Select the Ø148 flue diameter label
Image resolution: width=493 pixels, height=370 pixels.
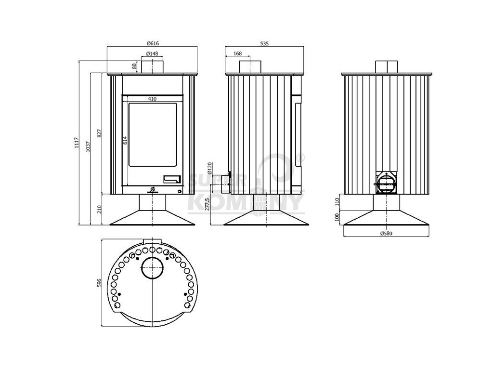[x=152, y=53]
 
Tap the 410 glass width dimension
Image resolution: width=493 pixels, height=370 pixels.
[x=152, y=99]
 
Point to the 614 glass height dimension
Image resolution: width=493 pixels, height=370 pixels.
[x=125, y=140]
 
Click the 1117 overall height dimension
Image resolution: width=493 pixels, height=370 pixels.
[x=77, y=143]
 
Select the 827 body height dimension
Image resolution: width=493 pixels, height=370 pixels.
[x=100, y=133]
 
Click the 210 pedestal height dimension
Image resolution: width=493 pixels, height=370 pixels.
[x=100, y=209]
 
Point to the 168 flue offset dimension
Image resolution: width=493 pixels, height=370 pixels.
[x=237, y=53]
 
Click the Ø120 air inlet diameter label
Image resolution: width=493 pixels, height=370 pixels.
[x=209, y=167]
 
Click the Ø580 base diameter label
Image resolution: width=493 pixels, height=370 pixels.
[x=387, y=234]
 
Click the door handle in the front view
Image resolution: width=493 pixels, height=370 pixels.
[x=172, y=179]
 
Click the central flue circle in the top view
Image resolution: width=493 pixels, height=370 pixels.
[x=152, y=266]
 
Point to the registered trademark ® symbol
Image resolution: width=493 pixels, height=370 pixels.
[x=302, y=157]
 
